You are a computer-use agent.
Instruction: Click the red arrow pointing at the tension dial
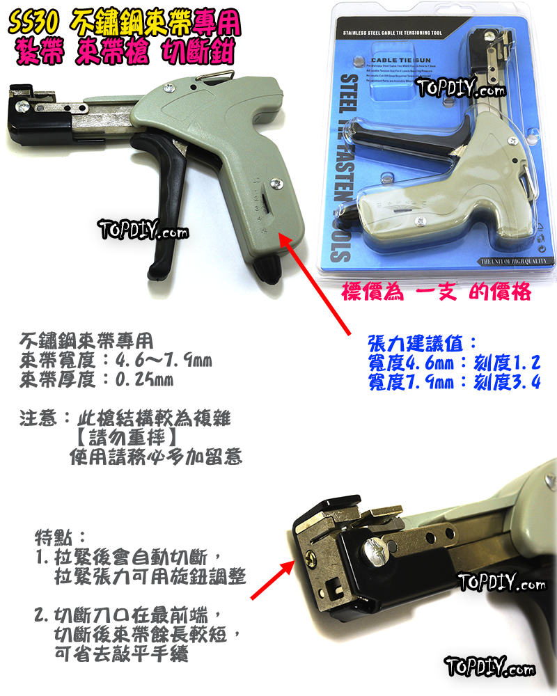321,285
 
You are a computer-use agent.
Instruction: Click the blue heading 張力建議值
422,344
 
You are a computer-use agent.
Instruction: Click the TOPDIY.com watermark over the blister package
460,89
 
